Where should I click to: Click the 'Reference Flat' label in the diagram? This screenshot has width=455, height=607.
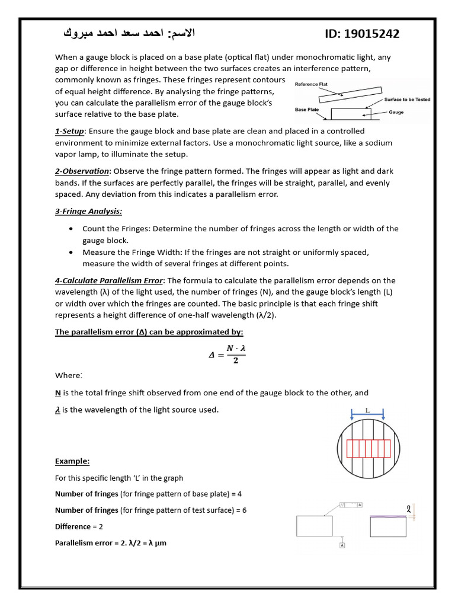coord(311,84)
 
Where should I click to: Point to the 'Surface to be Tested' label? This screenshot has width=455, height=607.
coord(407,100)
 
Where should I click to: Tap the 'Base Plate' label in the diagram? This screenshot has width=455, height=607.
coord(307,110)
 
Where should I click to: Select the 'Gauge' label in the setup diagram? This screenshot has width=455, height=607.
coord(396,112)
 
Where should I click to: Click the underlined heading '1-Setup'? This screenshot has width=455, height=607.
coord(70,131)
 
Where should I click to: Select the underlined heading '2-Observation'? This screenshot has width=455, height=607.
coord(82,171)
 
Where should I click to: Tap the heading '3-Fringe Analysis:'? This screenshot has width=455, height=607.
coord(88,211)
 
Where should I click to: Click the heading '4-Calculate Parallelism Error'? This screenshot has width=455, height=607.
coord(108,280)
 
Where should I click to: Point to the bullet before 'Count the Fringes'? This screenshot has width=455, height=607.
coord(71,229)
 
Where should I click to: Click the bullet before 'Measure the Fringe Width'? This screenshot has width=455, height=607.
coord(71,252)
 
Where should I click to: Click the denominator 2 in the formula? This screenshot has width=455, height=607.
coord(235,361)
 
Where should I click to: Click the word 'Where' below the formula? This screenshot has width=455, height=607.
coord(68,375)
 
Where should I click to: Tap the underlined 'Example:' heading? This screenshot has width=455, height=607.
coord(72,461)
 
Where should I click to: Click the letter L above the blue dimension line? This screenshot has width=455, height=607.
coord(367,410)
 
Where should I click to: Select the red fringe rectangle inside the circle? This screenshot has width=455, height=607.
coord(368,449)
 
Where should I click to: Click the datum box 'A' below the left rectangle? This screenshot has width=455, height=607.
coord(342,544)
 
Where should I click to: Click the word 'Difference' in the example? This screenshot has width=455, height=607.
coord(72,526)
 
